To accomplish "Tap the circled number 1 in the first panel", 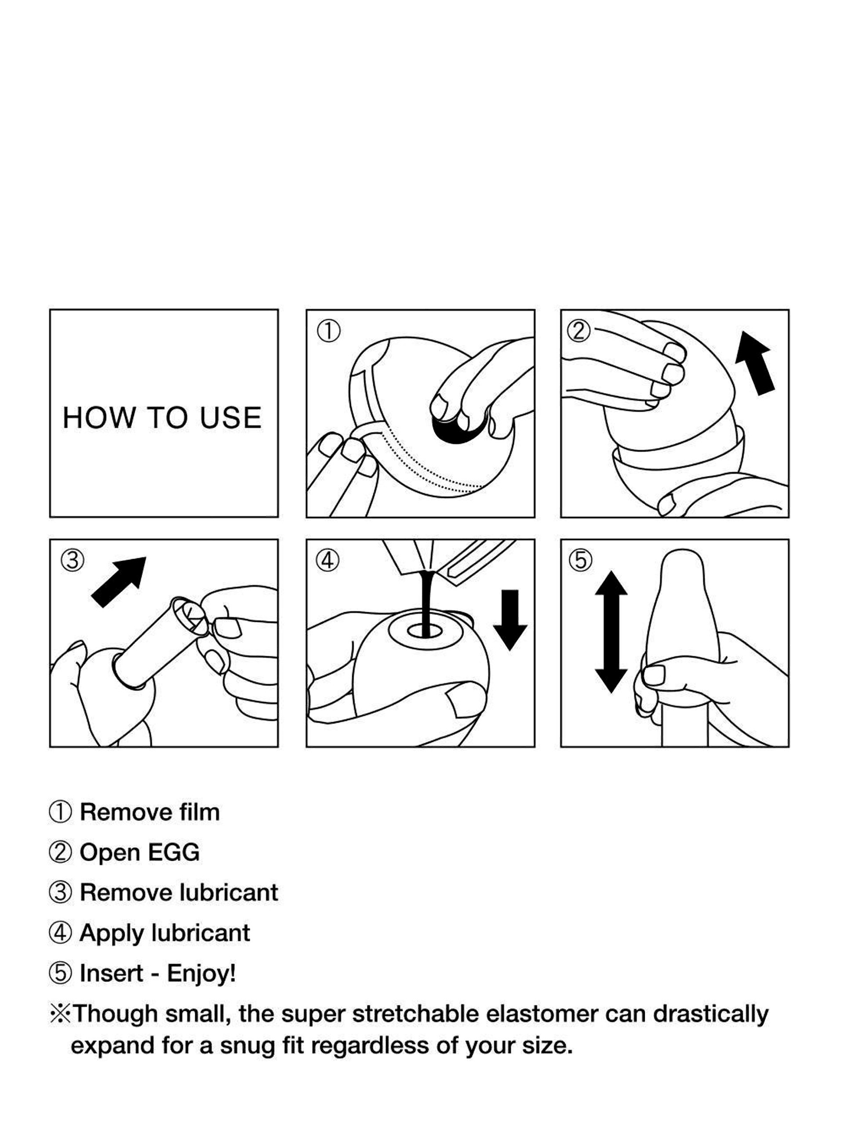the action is (x=329, y=331).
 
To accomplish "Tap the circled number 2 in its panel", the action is (x=579, y=331).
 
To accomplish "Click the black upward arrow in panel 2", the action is (x=756, y=363).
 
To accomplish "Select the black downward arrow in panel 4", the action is (x=510, y=620).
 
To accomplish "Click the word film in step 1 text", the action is (x=200, y=812).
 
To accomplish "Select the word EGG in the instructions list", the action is (x=174, y=853).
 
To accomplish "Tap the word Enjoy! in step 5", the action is (x=201, y=973).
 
